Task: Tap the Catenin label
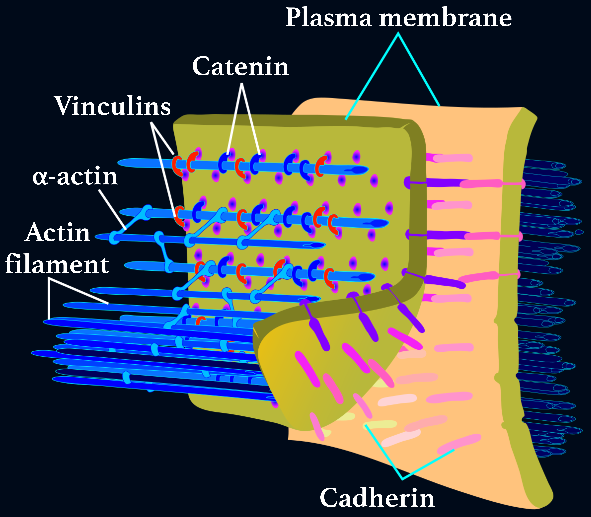(240, 67)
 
